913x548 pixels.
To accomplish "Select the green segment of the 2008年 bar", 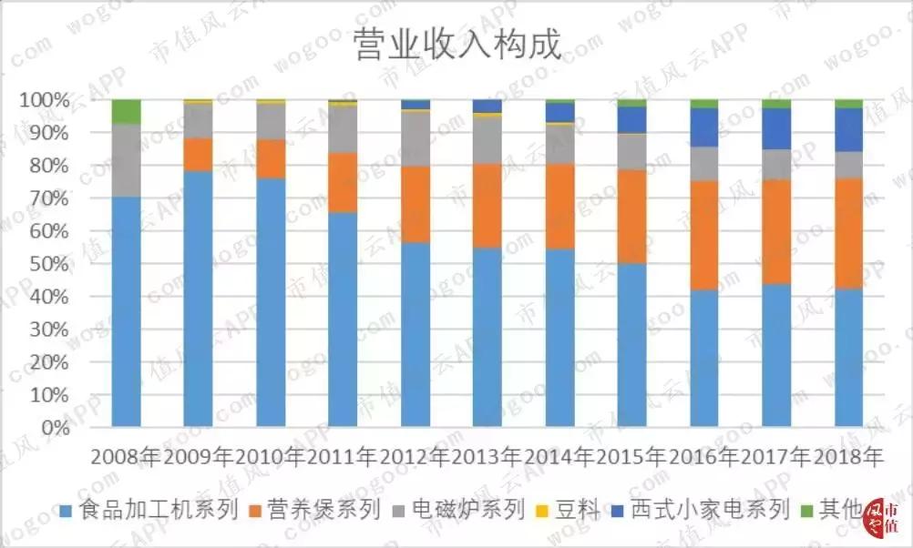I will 126,111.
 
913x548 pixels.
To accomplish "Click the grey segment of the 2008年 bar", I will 126,160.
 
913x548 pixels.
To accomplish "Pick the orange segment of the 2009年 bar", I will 198,155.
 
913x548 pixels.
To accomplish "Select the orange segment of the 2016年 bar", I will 704,235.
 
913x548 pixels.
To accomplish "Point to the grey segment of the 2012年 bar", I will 415,138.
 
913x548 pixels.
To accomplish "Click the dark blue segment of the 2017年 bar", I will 776,128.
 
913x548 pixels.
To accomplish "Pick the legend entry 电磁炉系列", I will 457,510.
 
